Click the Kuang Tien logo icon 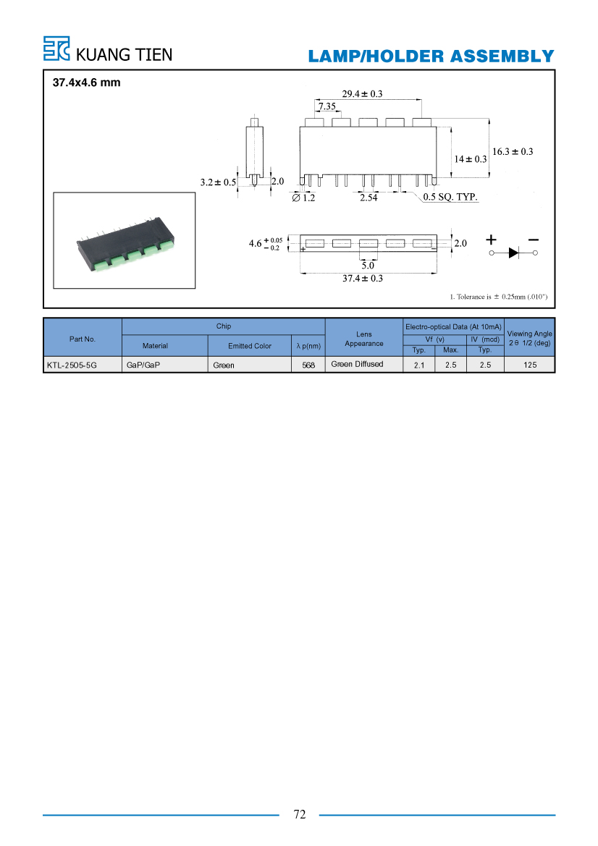[56, 48]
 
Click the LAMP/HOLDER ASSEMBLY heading [431, 56]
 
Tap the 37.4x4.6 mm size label [86, 83]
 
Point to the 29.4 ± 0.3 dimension [362, 94]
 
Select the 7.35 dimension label [327, 106]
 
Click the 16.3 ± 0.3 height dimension [512, 151]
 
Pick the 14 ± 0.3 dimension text [470, 159]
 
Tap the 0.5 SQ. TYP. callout [450, 197]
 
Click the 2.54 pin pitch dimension [369, 198]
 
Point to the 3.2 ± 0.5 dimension [218, 182]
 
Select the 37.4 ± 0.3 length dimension [363, 279]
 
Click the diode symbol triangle [514, 253]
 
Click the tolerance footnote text [499, 297]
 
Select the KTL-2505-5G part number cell [72, 365]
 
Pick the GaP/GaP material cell [143, 365]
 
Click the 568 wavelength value [308, 365]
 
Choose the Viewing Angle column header [529, 338]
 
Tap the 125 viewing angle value [530, 365]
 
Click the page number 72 [300, 815]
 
